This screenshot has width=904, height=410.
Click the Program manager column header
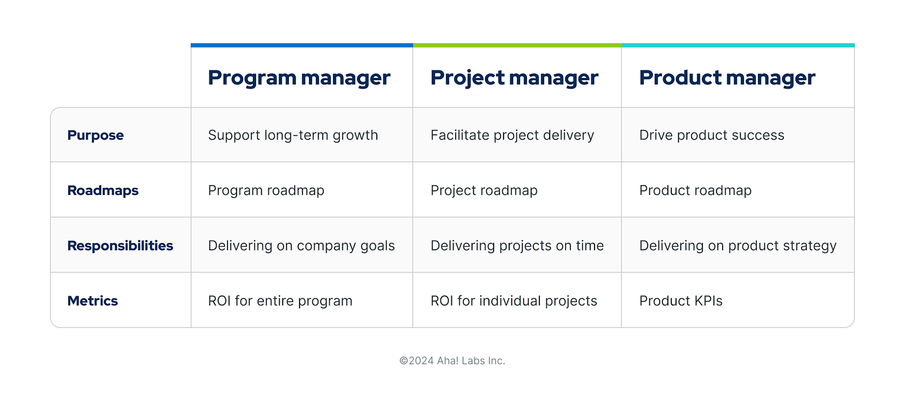coord(299,78)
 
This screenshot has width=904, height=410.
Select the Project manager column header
coord(514,78)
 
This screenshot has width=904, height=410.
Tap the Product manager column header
coord(727,78)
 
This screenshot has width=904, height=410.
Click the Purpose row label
coord(96,135)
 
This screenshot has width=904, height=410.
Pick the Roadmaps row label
coord(103,190)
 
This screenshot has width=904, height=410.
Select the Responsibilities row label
coord(120,246)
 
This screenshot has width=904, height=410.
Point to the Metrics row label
coord(92,301)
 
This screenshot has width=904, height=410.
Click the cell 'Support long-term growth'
coord(293,135)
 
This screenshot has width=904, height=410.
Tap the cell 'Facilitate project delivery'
coord(512,135)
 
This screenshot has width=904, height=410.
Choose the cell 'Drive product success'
coord(711,135)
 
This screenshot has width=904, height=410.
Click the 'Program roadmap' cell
coord(266,190)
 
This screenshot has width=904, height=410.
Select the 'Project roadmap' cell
coord(484,190)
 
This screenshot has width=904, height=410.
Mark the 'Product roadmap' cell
coord(695,190)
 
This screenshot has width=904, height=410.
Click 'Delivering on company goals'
coord(301,246)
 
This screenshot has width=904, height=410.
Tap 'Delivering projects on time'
coord(517,246)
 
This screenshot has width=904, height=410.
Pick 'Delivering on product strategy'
coord(738,246)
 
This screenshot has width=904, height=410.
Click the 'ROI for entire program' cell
coord(280,301)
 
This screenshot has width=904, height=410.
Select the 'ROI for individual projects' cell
coord(513,301)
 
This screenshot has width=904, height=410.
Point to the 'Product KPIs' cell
coord(681,301)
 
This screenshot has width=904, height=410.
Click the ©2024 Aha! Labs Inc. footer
coord(452,361)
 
